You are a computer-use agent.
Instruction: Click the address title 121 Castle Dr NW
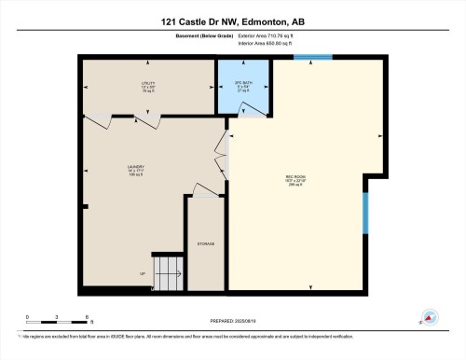[x=233, y=21]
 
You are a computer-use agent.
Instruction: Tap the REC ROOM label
[x=296, y=183]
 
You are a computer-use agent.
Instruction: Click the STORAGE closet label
[x=205, y=244]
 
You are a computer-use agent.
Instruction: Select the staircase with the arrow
[x=168, y=273]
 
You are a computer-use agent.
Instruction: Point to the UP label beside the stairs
[x=142, y=273]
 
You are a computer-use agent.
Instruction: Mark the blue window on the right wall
[x=366, y=219]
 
